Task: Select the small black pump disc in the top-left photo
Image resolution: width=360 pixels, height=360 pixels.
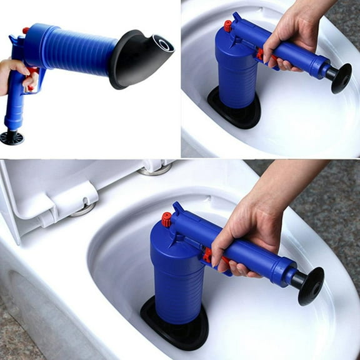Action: [12, 137]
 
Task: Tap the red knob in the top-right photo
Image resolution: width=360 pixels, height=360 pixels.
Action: [228, 26]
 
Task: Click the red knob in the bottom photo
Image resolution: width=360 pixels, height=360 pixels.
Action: [166, 219]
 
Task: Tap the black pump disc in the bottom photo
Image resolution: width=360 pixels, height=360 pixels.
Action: [311, 285]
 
